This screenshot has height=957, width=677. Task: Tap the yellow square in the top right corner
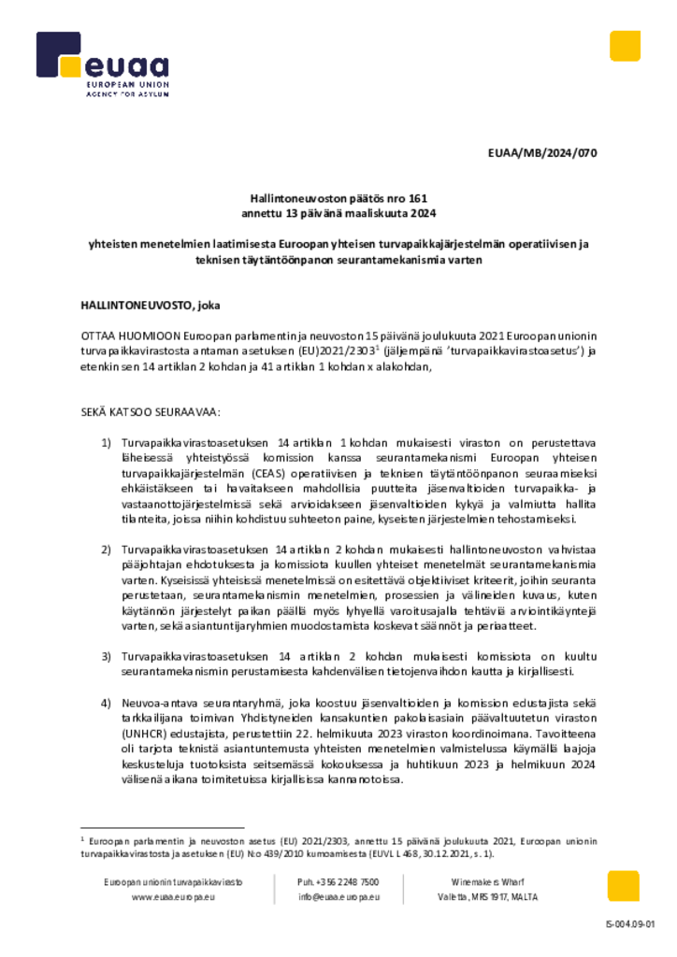625,46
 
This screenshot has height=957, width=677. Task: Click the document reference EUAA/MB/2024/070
541,153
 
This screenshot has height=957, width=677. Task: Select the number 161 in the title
417,199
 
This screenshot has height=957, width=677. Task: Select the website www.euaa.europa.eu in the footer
174,897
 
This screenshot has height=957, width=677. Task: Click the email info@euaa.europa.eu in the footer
338,897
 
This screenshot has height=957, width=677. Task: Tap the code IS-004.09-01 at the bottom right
631,925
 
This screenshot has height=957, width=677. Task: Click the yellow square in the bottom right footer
624,886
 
